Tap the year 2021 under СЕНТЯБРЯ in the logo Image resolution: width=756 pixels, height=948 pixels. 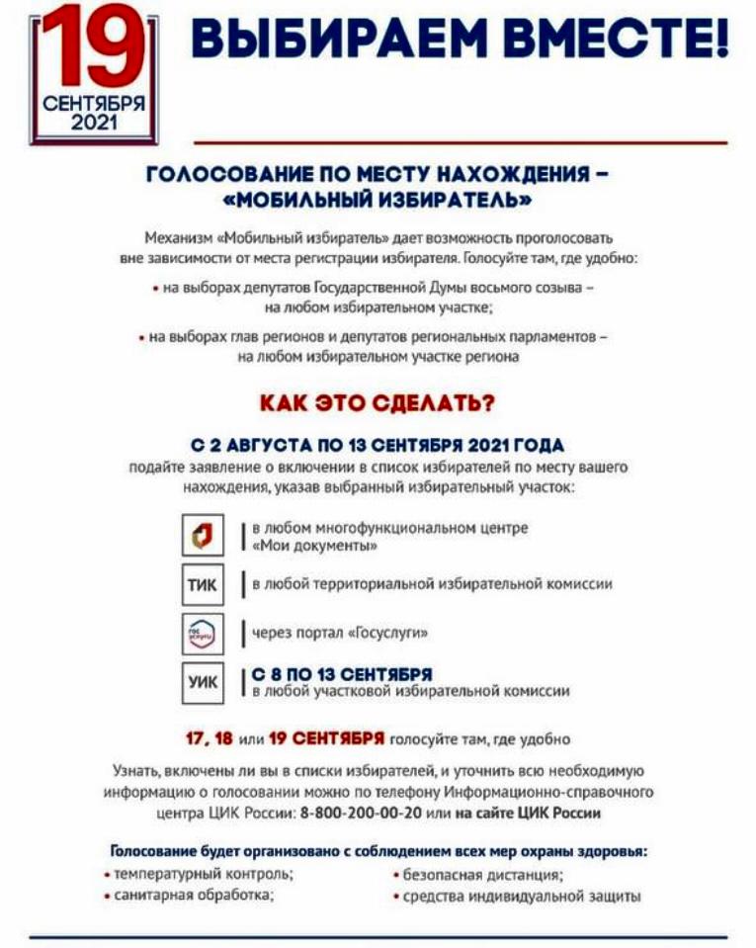pos(94,122)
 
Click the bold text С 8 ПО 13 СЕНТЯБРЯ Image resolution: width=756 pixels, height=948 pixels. pos(341,674)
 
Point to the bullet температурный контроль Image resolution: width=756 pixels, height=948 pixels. pos(203,874)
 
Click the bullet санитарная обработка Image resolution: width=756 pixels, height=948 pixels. pos(193,895)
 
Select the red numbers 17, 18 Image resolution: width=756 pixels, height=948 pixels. pos(214,738)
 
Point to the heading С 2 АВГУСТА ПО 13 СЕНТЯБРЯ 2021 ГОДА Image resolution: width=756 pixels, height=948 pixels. pos(378,445)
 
